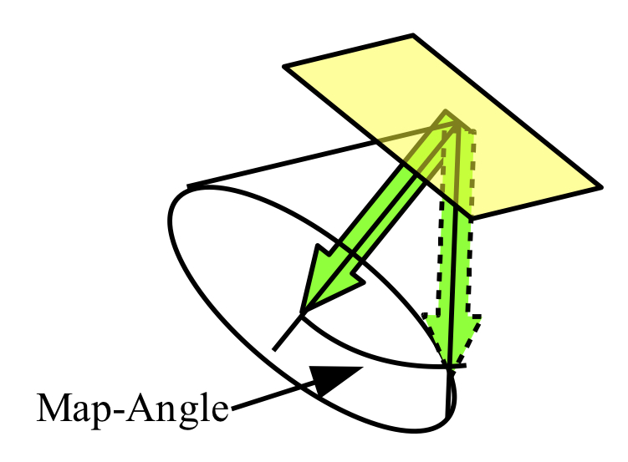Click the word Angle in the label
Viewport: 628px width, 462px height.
(177, 409)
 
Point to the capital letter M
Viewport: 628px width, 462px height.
(54, 407)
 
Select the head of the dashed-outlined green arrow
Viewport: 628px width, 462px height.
(452, 336)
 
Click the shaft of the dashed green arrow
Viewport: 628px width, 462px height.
(456, 223)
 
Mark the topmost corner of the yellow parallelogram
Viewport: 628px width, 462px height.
(413, 35)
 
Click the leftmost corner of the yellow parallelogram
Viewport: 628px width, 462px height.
(284, 66)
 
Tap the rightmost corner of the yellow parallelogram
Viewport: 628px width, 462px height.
(601, 187)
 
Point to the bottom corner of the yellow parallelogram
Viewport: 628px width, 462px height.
(472, 219)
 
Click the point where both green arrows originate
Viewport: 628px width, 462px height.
(457, 124)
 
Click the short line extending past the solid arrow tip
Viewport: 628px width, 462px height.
(288, 331)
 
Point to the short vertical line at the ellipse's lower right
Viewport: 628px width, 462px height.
(448, 394)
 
